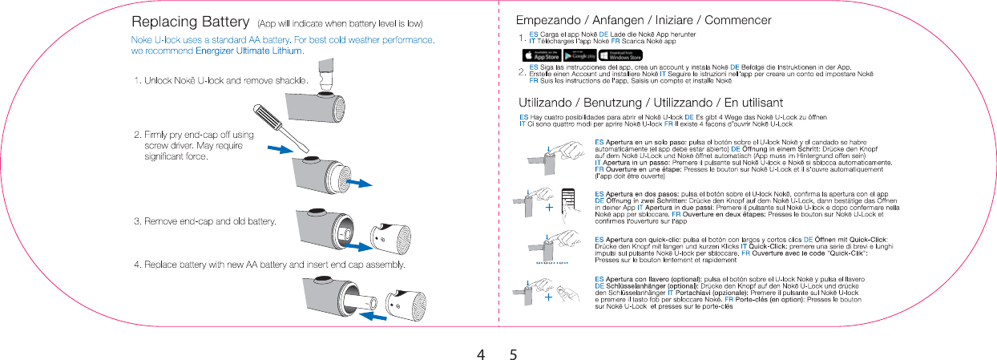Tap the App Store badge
(541, 56)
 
